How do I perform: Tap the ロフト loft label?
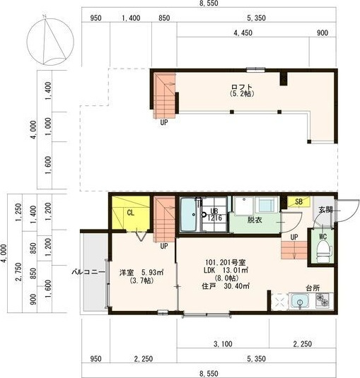pyautogui.click(x=241, y=87)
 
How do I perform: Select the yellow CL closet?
pyautogui.click(x=130, y=213)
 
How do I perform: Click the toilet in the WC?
pyautogui.click(x=323, y=252)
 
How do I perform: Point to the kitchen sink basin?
pyautogui.click(x=300, y=301)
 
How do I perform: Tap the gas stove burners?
pyautogui.click(x=323, y=300)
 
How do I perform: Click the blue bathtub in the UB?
pyautogui.click(x=189, y=214)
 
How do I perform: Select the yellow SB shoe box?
pyautogui.click(x=298, y=201)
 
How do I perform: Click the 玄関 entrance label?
pyautogui.click(x=326, y=210)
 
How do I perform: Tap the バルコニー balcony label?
pyautogui.click(x=88, y=272)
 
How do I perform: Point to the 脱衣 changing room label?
pyautogui.click(x=255, y=220)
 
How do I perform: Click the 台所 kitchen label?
pyautogui.click(x=313, y=288)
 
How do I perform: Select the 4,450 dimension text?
pyautogui.click(x=243, y=33)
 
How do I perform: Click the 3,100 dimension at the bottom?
pyautogui.click(x=223, y=344)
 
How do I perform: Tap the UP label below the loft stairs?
pyautogui.click(x=164, y=122)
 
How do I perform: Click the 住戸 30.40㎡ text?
pyautogui.click(x=226, y=286)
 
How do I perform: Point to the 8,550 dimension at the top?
pyautogui.click(x=209, y=3)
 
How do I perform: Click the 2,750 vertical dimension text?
pyautogui.click(x=18, y=272)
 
